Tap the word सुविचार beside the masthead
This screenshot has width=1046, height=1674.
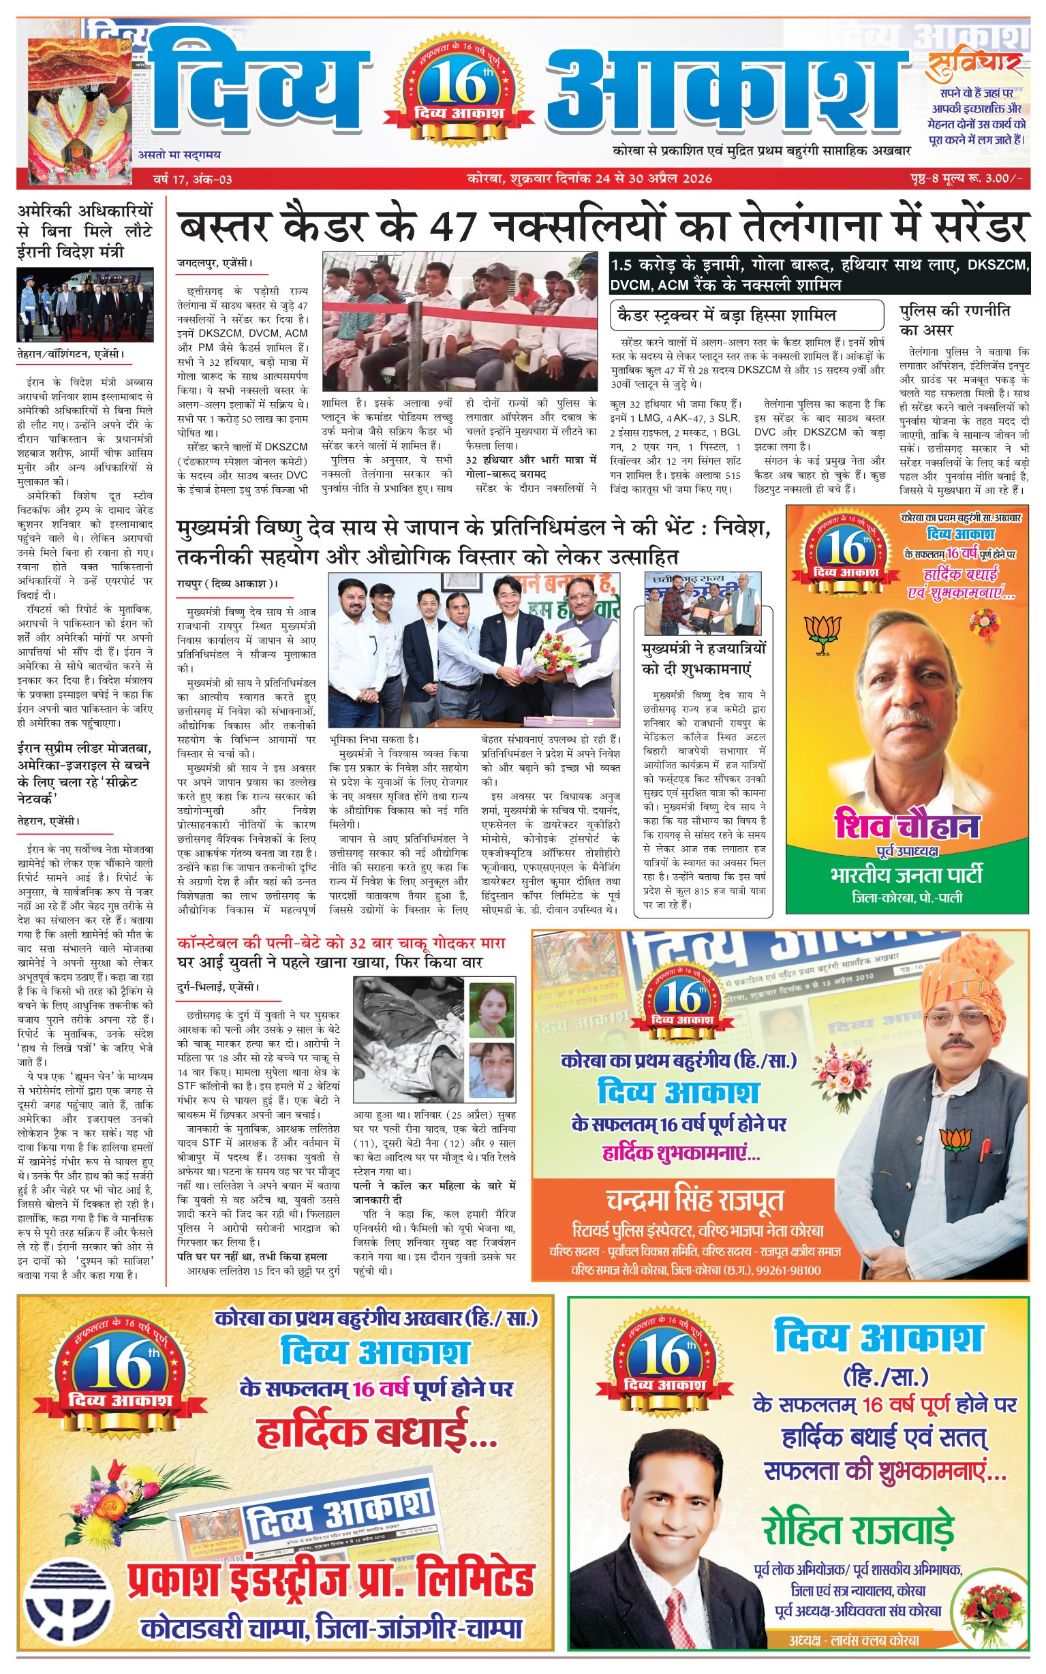point(975,64)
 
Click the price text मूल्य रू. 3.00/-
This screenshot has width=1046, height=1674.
point(982,179)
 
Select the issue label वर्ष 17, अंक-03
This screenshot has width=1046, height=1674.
point(192,179)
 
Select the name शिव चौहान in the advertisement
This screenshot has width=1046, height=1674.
point(907,826)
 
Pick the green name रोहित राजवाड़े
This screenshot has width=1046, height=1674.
point(859,1530)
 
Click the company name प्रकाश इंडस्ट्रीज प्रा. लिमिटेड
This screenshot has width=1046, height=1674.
point(330,1579)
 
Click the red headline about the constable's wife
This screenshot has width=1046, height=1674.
point(341,943)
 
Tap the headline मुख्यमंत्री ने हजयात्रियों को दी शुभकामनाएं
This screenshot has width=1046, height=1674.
point(703,659)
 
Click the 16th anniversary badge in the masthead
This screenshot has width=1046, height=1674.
point(459,86)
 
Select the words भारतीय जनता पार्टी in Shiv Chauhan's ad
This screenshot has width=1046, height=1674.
point(906,875)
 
